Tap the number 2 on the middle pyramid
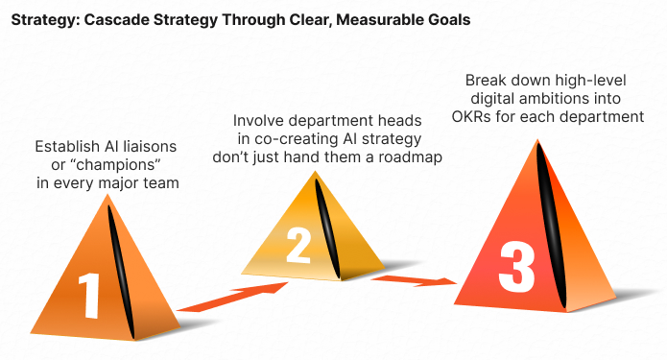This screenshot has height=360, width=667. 299,247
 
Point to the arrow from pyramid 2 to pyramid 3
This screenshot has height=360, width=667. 413,281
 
